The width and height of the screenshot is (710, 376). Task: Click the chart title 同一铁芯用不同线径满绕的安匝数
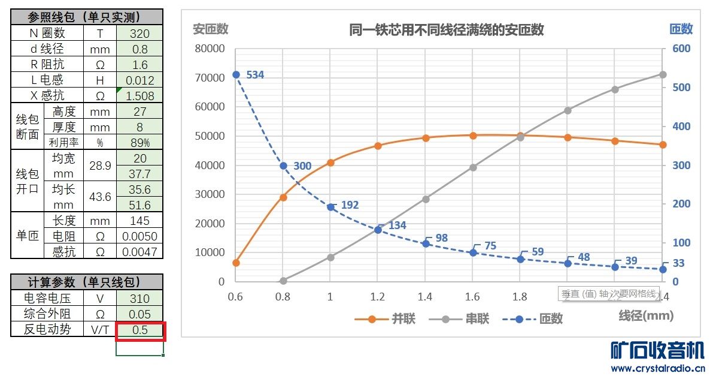446,29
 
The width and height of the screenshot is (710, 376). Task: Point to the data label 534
254,75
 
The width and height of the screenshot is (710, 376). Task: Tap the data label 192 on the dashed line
350,205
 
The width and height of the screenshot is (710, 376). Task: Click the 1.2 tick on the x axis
377,296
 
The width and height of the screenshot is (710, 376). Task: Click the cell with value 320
139,34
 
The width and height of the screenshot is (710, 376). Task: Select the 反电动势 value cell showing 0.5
139,330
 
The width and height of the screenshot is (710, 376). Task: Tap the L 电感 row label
47,80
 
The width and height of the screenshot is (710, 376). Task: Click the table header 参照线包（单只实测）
87,17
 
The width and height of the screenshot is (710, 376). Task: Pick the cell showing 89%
139,142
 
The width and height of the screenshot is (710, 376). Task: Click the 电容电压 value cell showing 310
139,298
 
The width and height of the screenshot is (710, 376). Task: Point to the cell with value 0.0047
139,252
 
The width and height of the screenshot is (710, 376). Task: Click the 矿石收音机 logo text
657,350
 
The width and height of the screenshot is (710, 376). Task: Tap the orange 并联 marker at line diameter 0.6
236,263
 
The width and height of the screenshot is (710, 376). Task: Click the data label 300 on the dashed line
302,166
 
